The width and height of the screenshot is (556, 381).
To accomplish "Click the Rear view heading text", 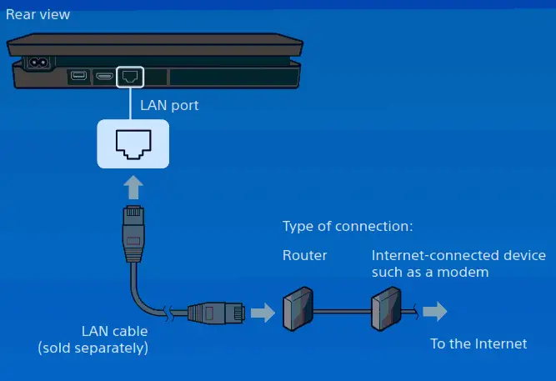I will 38,14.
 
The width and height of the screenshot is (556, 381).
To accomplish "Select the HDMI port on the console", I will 104,77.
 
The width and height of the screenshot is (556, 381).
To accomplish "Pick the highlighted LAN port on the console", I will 130,77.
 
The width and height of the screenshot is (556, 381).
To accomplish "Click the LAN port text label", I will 170,107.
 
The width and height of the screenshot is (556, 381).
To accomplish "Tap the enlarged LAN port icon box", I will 133,143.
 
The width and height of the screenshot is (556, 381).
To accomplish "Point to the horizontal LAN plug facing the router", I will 216,313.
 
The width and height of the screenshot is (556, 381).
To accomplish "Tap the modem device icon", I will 386,308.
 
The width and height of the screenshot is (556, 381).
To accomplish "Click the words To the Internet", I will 478,343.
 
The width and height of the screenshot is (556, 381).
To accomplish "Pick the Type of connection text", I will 348,226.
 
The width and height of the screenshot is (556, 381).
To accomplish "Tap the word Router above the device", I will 304,255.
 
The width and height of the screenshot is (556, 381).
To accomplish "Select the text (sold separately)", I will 93,348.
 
